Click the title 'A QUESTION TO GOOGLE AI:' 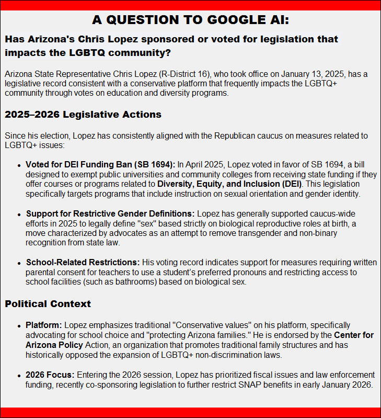tap(190, 20)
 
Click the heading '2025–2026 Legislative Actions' tap(83, 114)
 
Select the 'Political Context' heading tap(48, 304)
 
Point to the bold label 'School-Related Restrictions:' tap(83, 262)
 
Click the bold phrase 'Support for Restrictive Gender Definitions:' tap(110, 213)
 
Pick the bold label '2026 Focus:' tap(50, 375)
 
